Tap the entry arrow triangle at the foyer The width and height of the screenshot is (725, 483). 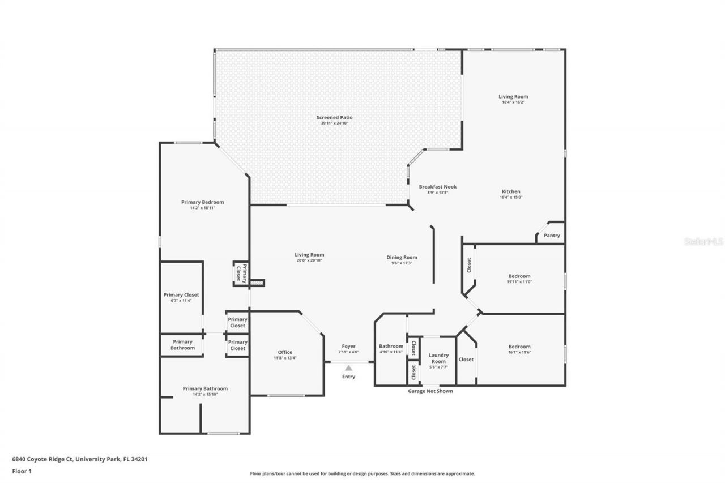point(349,369)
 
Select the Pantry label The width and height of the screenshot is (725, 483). point(552,236)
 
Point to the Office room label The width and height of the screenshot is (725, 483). point(285,352)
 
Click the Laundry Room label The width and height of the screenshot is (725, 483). point(439,358)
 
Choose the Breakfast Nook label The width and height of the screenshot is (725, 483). point(437,187)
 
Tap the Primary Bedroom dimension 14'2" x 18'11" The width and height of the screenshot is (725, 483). point(202,208)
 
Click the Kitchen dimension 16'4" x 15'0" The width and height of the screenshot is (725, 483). point(510,197)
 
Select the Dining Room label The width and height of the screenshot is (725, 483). point(402,257)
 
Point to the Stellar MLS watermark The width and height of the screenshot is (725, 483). point(703,241)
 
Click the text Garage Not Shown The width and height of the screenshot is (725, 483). point(430,391)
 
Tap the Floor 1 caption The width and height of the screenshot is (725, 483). point(22,470)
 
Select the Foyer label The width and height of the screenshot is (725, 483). point(348,347)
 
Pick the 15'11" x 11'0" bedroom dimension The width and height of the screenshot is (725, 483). point(519,281)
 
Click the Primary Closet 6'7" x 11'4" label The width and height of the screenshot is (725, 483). point(181,300)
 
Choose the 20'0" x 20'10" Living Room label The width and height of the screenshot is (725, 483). point(309,260)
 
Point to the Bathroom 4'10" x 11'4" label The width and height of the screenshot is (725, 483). point(391,352)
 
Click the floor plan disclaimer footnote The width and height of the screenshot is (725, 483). point(362,473)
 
